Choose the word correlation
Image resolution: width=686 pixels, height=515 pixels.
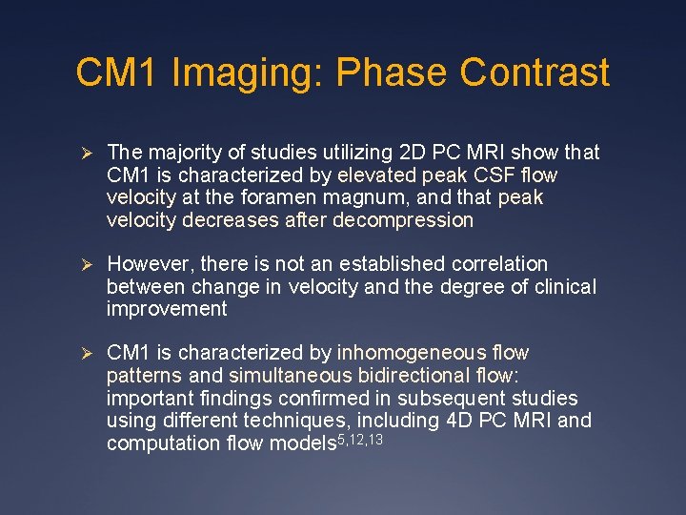(496, 264)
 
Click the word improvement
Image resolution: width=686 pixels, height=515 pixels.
(167, 309)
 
